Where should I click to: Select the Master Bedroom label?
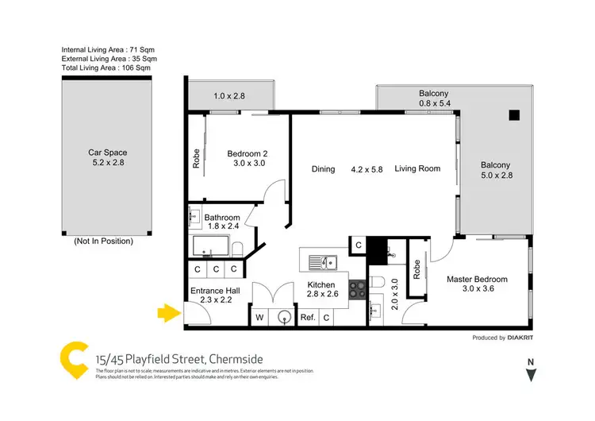click(476, 284)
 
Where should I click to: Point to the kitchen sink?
click(323, 261)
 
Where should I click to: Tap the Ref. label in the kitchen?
click(308, 318)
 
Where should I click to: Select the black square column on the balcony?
click(515, 114)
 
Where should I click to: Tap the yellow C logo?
click(75, 359)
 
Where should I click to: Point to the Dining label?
click(323, 169)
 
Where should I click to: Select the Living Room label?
click(417, 169)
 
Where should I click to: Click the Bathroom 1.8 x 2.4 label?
click(221, 222)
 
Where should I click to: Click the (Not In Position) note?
click(103, 241)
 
